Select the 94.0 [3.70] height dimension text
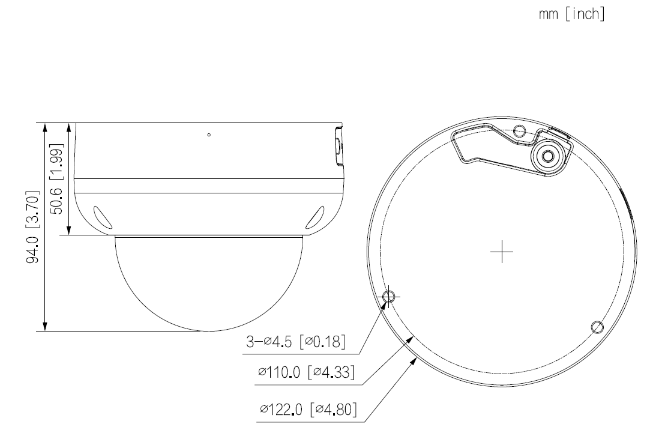tap(36, 227)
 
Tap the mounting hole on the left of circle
tap(388, 295)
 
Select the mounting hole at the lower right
tap(596, 327)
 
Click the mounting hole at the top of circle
tap(520, 130)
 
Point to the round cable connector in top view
tap(547, 155)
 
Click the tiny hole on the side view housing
tap(208, 135)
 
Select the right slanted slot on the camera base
tap(314, 219)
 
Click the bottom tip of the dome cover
tap(208, 330)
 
